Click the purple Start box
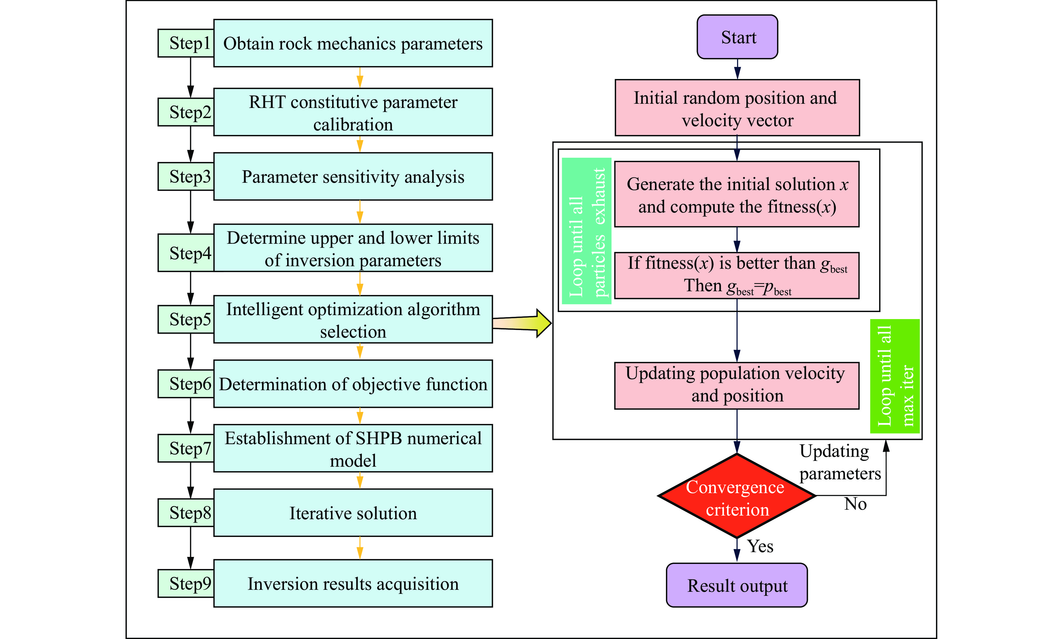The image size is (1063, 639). pos(737,37)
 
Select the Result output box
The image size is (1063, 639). pos(737,585)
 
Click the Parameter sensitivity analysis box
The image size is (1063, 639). pos(353,177)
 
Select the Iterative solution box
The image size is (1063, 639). pos(353,513)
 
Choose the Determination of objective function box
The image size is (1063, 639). pos(353,384)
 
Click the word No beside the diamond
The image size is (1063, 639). pos(855,504)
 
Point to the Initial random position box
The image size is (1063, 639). pos(737,108)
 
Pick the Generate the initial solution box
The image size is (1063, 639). pos(737,194)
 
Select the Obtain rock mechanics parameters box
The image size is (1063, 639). pos(353,43)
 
